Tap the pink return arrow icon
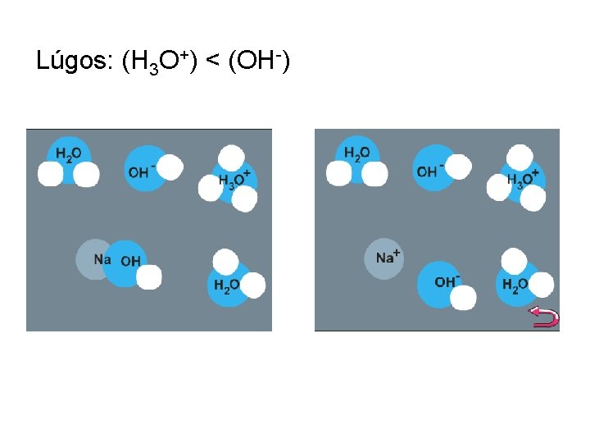[544, 317]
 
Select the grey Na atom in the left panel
[93, 259]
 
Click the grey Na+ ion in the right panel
[384, 258]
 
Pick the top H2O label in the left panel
[68, 153]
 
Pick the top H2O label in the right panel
[356, 153]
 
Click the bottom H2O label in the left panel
[226, 285]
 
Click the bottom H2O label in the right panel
[515, 285]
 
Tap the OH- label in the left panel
[140, 171]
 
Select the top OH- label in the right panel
[429, 171]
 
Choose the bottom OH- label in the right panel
[447, 281]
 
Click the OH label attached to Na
[129, 262]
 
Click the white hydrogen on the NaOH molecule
[148, 277]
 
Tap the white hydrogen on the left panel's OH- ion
[168, 167]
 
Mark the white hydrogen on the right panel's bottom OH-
[463, 297]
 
